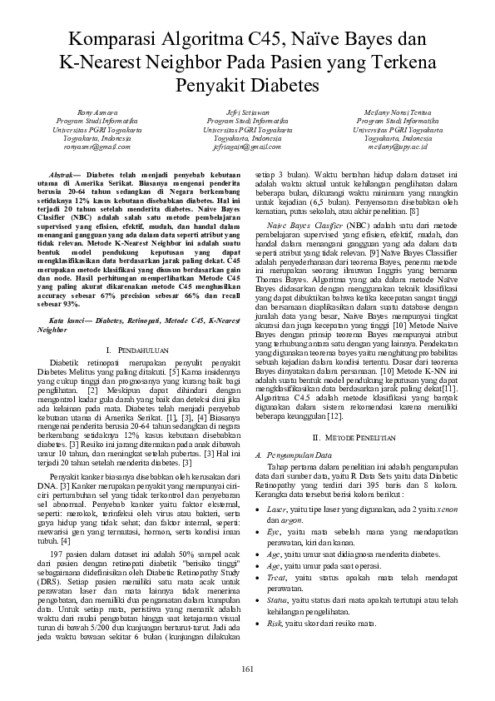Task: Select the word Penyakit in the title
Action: [211, 85]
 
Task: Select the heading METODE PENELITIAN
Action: [354, 436]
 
